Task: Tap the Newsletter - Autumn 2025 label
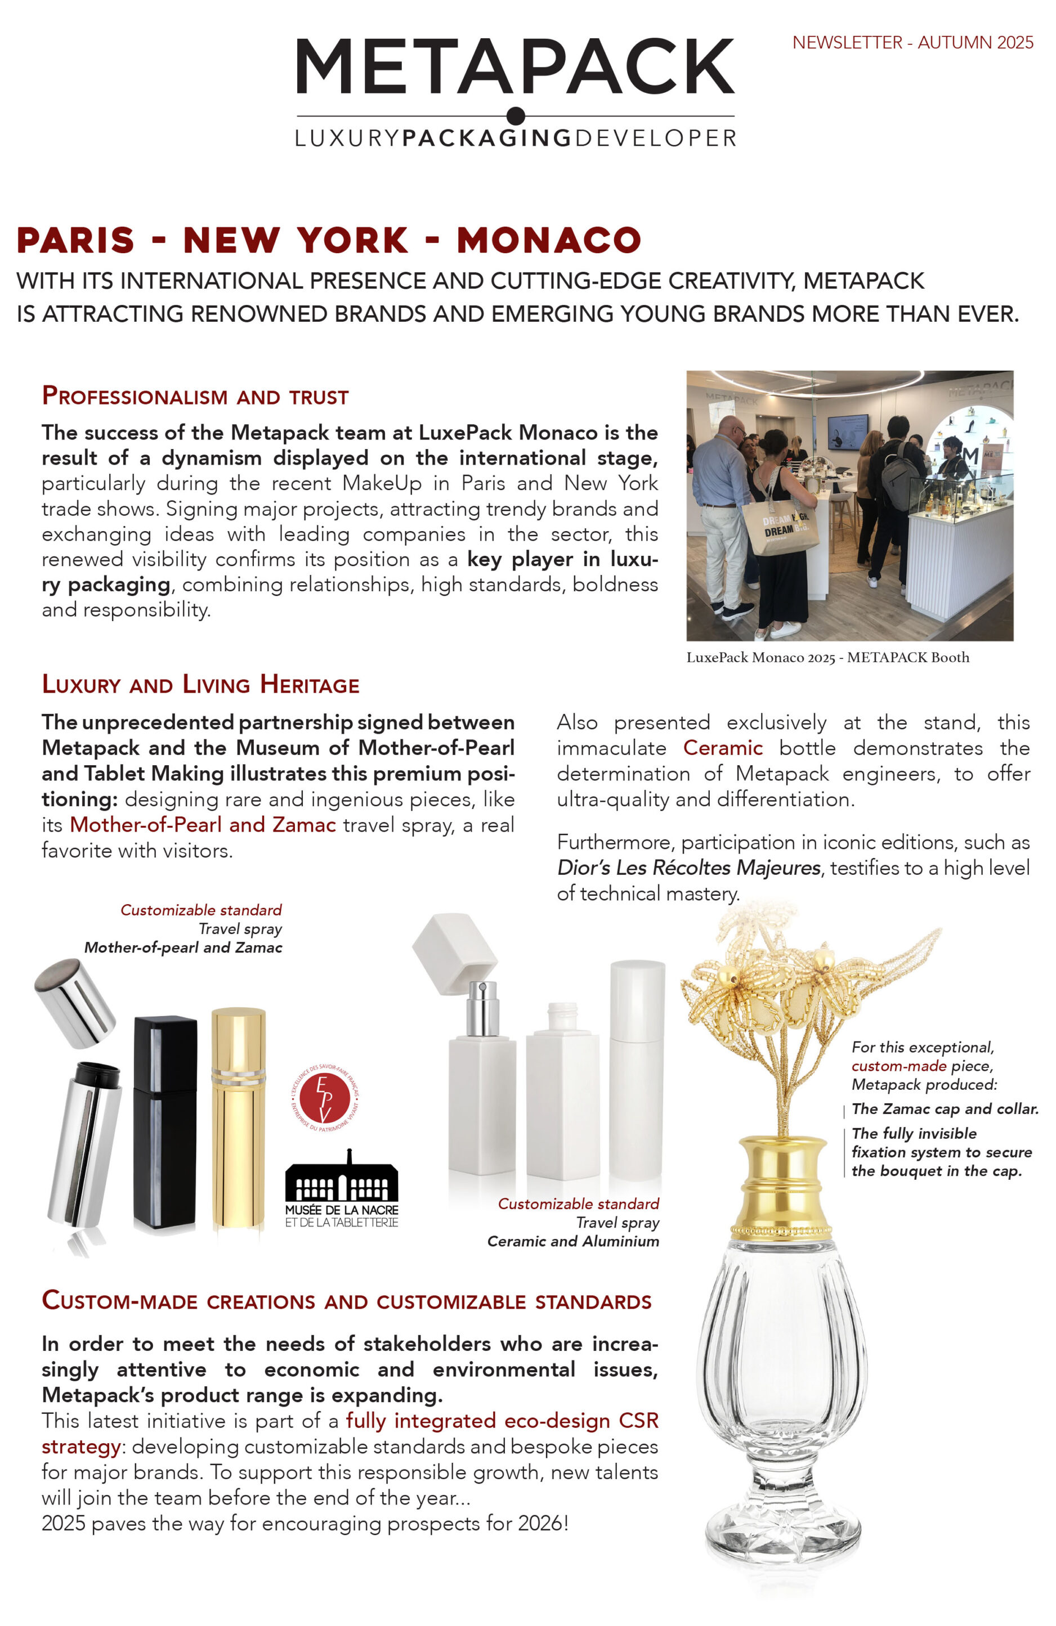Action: point(912,42)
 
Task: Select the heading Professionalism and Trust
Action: point(195,396)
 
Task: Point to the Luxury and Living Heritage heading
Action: point(200,685)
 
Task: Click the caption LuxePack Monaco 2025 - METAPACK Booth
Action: point(827,657)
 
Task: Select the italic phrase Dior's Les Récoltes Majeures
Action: point(688,868)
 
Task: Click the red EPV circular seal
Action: point(325,1097)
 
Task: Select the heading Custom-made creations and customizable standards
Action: point(347,1301)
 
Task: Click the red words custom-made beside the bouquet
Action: point(898,1066)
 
